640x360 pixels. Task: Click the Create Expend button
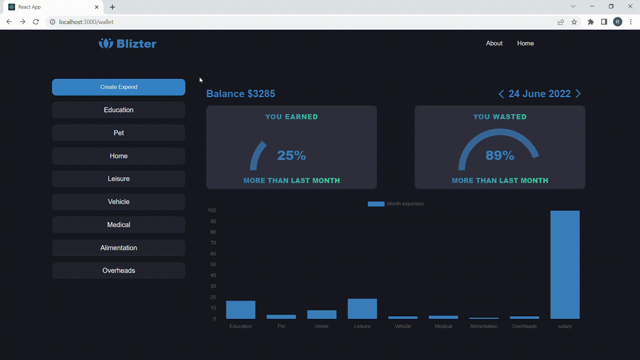click(x=118, y=87)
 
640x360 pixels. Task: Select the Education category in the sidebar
click(x=118, y=110)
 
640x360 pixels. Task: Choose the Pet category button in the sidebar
click(x=118, y=133)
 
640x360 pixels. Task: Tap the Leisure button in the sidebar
click(x=118, y=179)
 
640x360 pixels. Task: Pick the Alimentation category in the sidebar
click(x=118, y=248)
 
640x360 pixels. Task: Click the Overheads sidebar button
click(x=118, y=270)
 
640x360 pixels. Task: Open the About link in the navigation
click(x=494, y=43)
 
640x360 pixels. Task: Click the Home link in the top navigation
click(x=525, y=43)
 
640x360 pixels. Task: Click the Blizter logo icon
click(x=106, y=43)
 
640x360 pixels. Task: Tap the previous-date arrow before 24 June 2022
click(x=501, y=94)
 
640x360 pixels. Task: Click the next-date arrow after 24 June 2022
click(x=578, y=94)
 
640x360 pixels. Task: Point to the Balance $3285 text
click(x=241, y=94)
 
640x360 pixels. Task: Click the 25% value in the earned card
click(x=291, y=155)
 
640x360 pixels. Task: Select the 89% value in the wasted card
click(x=500, y=155)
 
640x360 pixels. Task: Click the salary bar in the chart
click(x=565, y=265)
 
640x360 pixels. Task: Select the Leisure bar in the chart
click(x=362, y=309)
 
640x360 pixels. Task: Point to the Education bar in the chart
click(x=241, y=310)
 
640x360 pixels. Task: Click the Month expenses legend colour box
click(x=376, y=204)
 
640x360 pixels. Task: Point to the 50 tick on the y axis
click(x=213, y=264)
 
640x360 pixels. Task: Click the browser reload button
click(x=36, y=22)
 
